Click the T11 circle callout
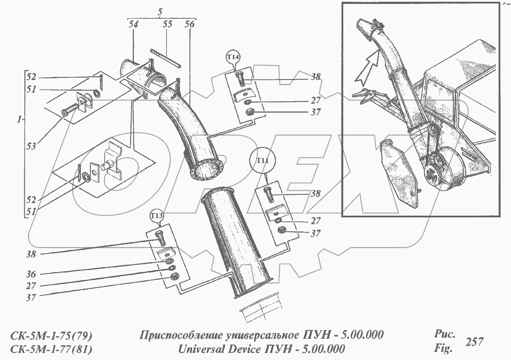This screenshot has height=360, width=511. coord(262,160)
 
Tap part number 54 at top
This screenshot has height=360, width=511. coord(133,25)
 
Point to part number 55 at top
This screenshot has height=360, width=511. coord(167,25)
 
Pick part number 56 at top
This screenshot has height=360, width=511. coord(189,25)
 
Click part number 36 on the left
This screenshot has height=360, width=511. coord(32,274)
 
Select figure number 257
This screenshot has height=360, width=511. coord(474,342)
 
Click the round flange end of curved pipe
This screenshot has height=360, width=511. coord(206,169)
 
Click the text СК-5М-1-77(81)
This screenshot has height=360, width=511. coord(50,349)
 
